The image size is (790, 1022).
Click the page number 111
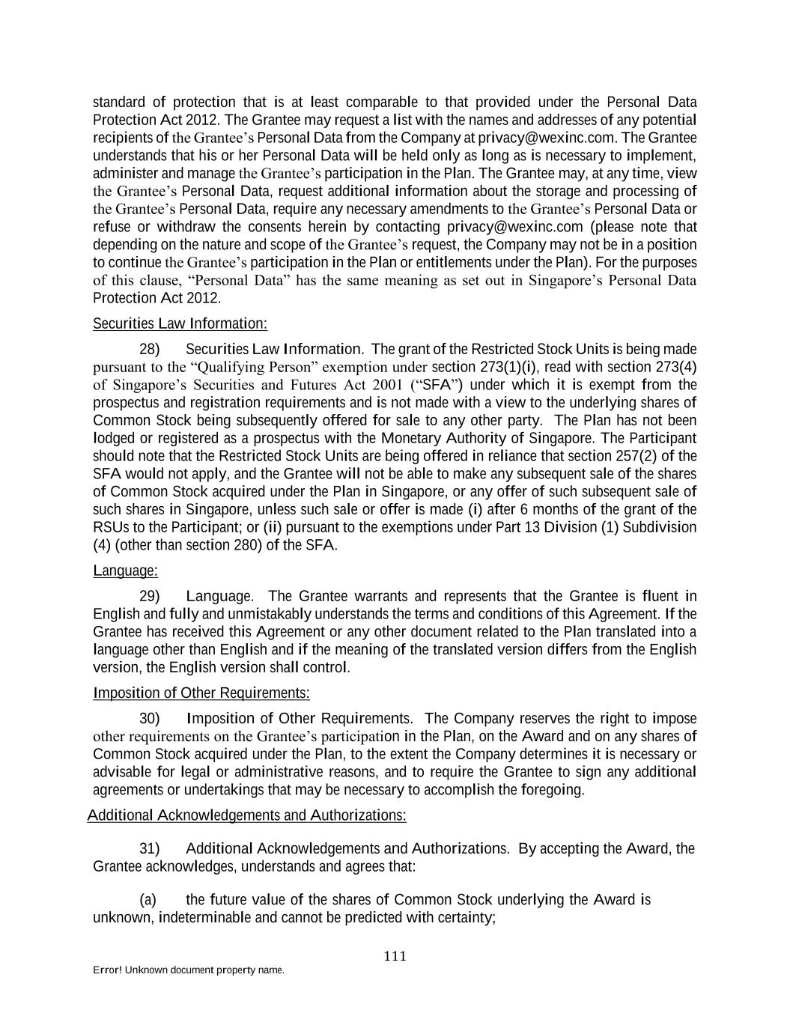395,956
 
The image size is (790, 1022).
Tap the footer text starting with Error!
188,970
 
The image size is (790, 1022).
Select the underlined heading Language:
125,571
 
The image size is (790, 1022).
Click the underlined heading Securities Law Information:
180,323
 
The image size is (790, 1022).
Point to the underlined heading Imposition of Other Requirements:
201,693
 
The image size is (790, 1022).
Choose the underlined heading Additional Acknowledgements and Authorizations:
247,815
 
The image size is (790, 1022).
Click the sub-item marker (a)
148,900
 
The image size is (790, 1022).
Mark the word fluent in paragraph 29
661,597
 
